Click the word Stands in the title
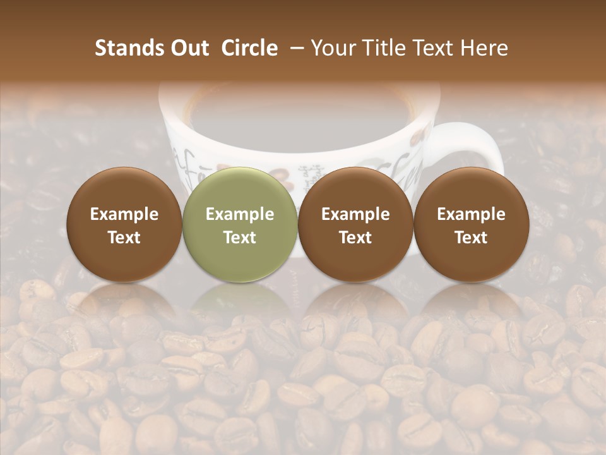click(125, 48)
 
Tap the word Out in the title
click(187, 48)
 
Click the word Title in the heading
click(386, 48)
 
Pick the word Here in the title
click(484, 48)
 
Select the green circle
click(240, 224)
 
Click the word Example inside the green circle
click(240, 214)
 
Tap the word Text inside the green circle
click(240, 238)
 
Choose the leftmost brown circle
click(124, 224)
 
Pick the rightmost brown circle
click(471, 224)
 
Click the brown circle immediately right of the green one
click(355, 224)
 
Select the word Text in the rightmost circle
click(471, 238)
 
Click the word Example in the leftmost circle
click(124, 214)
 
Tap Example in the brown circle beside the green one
click(355, 214)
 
